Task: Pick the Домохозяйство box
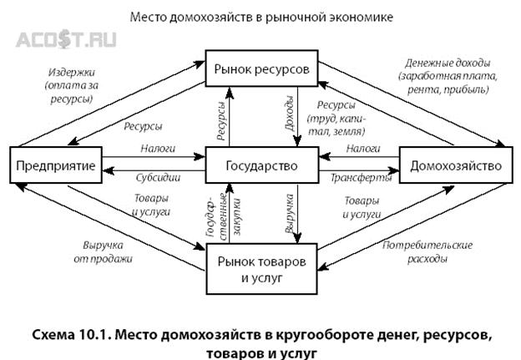click(x=456, y=165)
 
